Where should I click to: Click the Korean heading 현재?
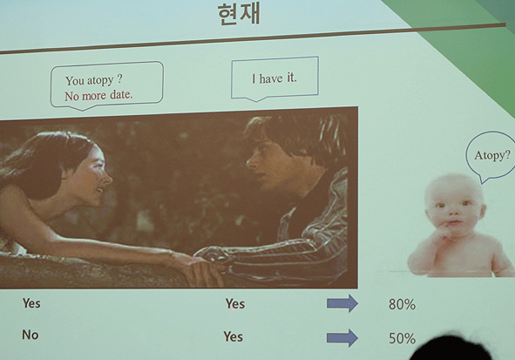coord(239,13)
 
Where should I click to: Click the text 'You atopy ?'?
coord(94,80)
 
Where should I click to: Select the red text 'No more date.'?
coord(98,96)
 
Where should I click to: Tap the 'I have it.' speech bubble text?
coord(274,78)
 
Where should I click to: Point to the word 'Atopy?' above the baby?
coord(492,155)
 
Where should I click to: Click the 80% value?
coord(402,304)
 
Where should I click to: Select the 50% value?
coord(402,338)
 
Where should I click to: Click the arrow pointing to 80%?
coord(342,303)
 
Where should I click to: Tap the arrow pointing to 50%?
coord(342,337)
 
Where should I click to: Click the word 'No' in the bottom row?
coord(30,335)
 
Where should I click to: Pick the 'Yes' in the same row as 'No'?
coord(234,336)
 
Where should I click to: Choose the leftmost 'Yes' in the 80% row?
coord(31,302)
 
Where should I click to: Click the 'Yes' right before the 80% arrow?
coord(234,303)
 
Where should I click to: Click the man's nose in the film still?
coord(251,161)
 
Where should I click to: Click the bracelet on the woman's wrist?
coord(171,255)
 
